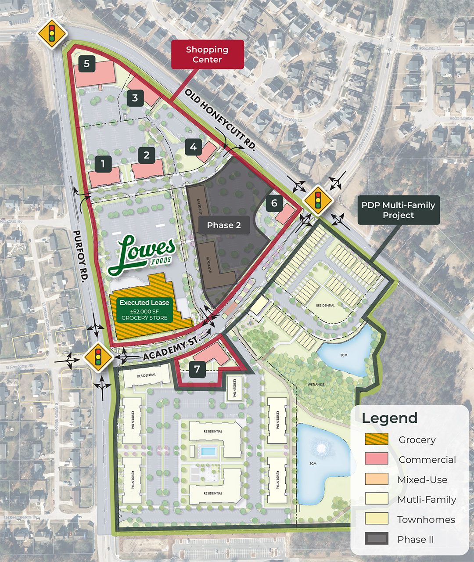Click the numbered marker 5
point(87,64)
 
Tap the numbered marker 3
point(135,98)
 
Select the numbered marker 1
point(103,164)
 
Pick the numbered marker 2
point(147,155)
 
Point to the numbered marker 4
point(194,147)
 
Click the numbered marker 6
point(275,203)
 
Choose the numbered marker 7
point(197,369)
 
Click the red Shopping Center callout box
point(207,54)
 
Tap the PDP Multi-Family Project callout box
point(398,210)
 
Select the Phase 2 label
point(224,225)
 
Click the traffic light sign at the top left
point(52,33)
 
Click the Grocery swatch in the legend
point(376,439)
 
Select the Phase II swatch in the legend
point(376,539)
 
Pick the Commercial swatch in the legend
point(376,459)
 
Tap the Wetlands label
point(316,385)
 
